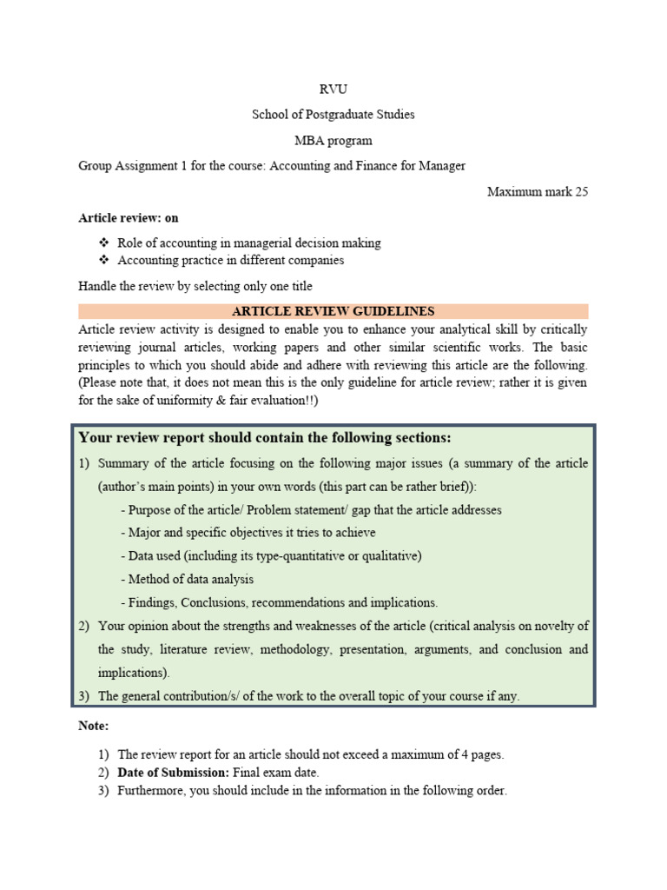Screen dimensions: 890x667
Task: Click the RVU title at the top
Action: pos(333,90)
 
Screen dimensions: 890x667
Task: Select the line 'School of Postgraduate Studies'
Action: pos(333,115)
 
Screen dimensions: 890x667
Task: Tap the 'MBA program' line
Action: pos(333,140)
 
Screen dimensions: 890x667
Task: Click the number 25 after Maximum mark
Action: pos(580,192)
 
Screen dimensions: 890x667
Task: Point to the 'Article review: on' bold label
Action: pos(129,218)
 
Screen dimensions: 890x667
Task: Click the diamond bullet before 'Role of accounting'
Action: pos(104,243)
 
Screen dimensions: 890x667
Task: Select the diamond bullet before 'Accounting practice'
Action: pos(104,260)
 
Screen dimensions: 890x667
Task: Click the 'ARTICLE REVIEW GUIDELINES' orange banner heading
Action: pos(333,311)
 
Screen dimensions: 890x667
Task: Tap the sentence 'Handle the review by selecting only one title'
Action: pos(195,286)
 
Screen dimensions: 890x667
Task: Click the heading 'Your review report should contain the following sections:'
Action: pos(265,437)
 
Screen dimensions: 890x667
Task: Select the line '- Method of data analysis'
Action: pos(187,579)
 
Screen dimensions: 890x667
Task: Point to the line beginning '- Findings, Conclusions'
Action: pos(280,602)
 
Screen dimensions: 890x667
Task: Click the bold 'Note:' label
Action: pos(94,725)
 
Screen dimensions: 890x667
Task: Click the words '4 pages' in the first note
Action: pos(481,754)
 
